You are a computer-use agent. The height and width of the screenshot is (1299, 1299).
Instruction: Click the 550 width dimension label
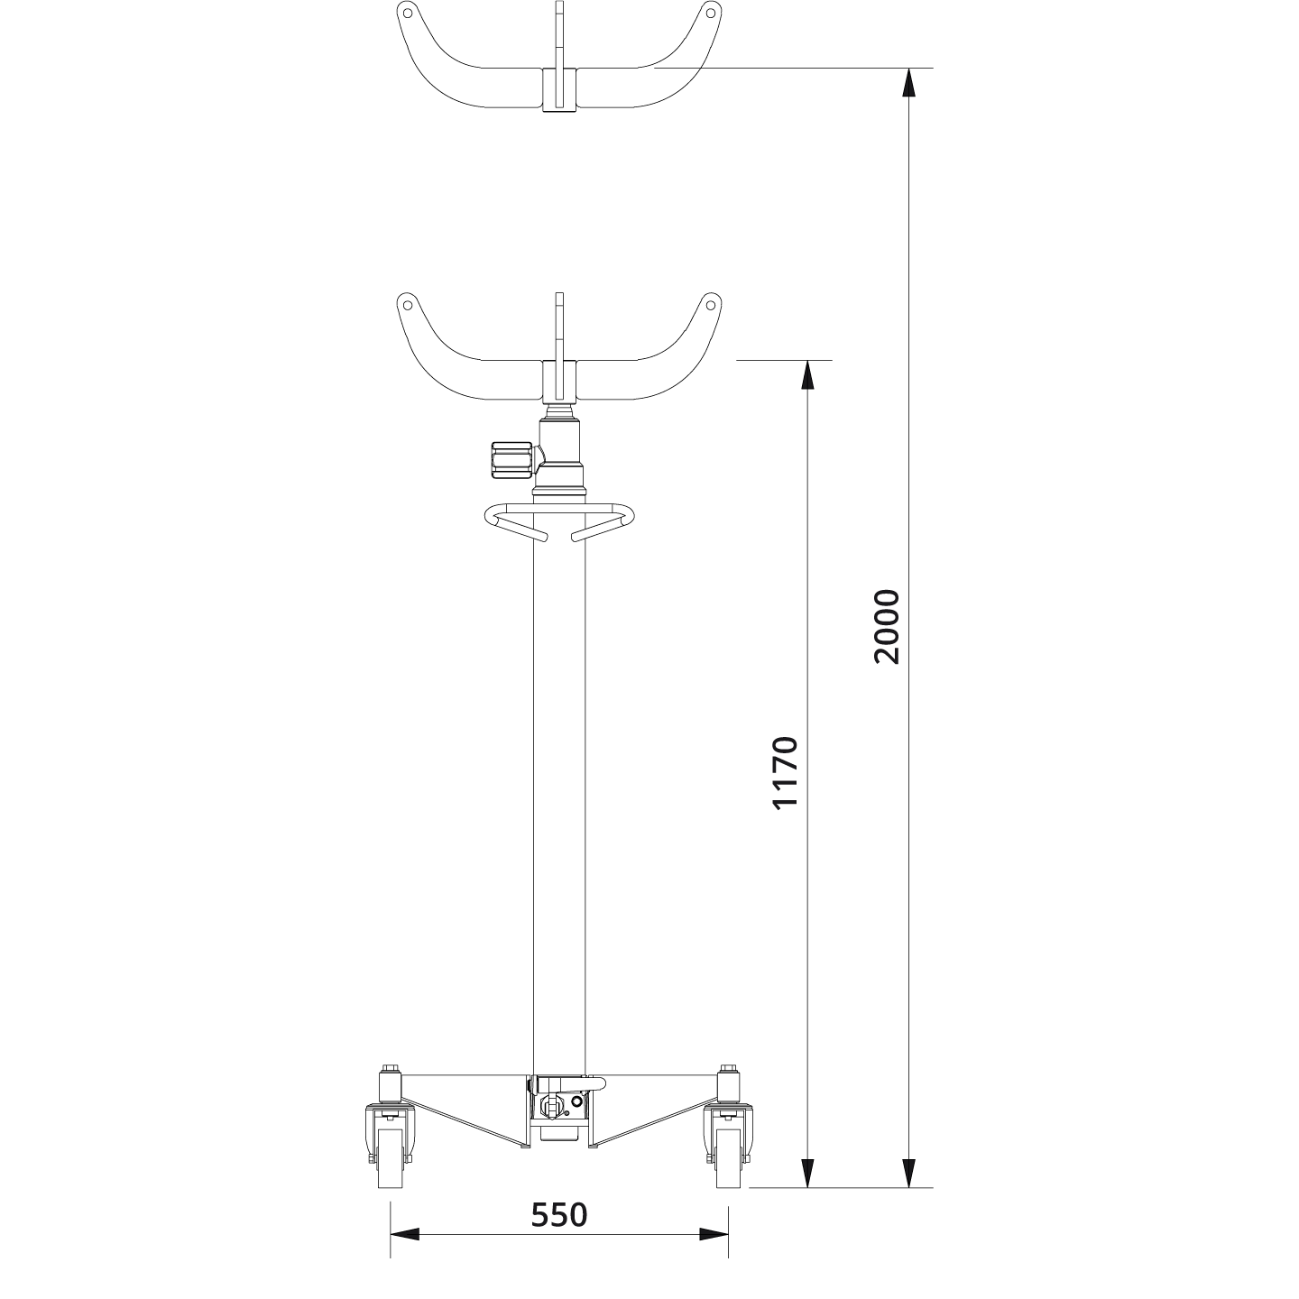[x=558, y=1215]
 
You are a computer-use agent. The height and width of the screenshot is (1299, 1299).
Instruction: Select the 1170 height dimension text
[x=786, y=773]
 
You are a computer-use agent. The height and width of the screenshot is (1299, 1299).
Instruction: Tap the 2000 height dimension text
[x=887, y=626]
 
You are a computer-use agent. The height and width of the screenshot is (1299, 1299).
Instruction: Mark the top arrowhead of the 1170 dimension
[x=807, y=375]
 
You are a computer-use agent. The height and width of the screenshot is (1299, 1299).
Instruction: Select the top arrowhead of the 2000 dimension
[x=909, y=82]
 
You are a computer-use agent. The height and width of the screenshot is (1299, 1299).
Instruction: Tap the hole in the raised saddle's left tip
[x=407, y=13]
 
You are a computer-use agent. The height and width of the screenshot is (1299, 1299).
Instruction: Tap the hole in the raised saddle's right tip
[x=711, y=13]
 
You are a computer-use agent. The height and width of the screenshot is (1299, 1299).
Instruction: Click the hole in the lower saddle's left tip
[x=407, y=303]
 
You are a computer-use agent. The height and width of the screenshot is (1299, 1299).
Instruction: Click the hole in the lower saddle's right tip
[x=711, y=303]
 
